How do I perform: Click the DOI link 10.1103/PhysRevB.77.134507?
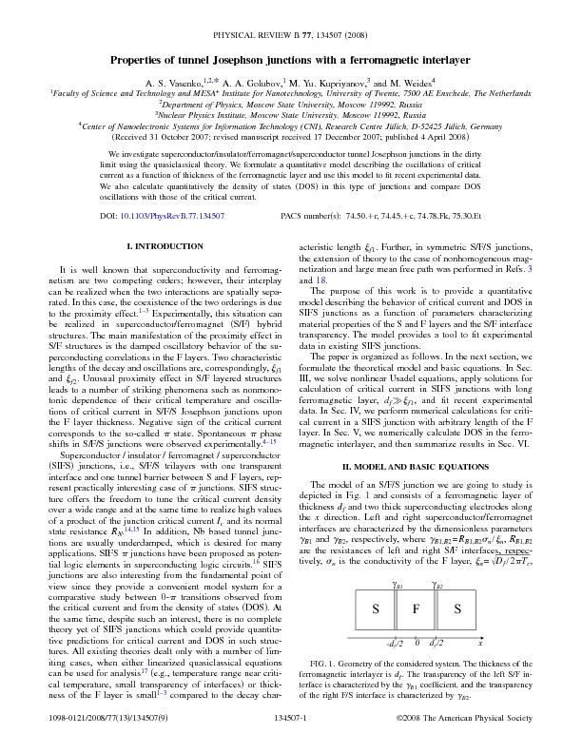(171, 217)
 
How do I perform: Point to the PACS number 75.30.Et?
(463, 217)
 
